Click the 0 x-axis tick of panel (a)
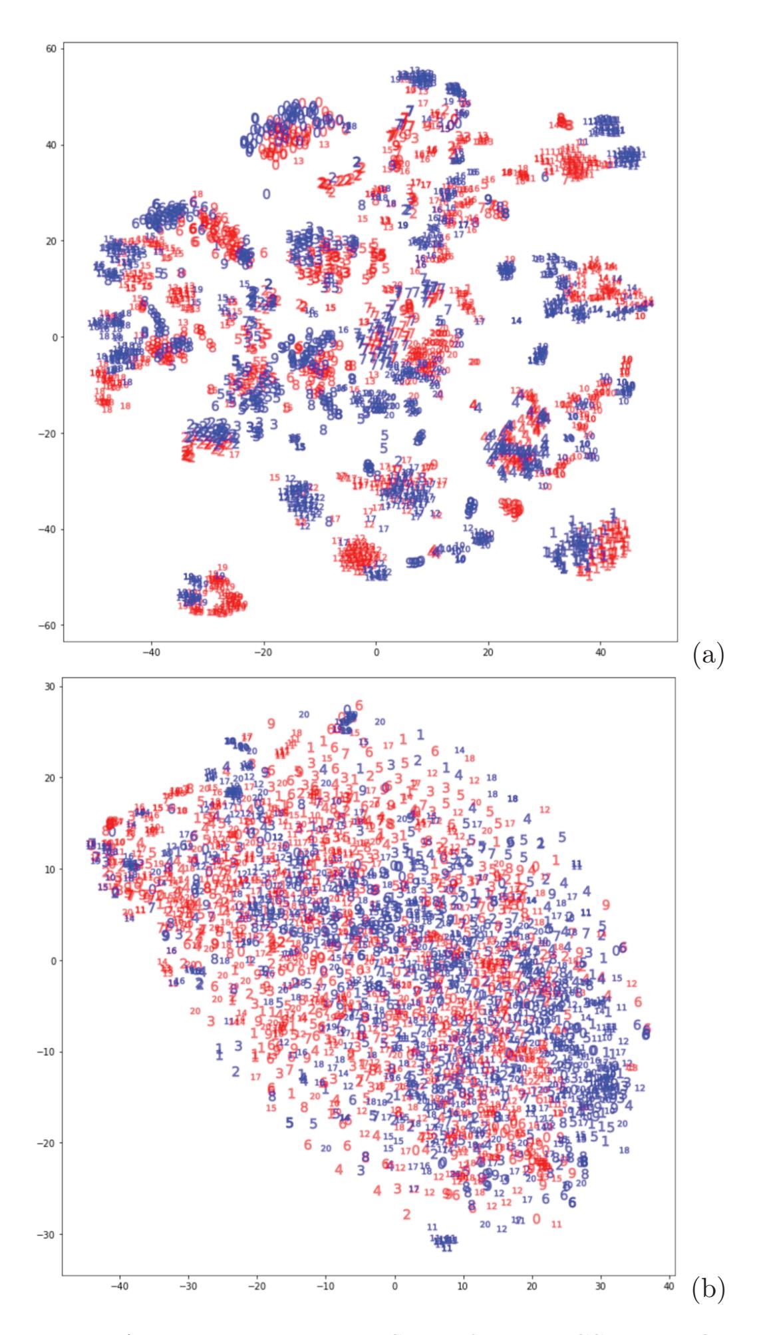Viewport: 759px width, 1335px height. (x=376, y=653)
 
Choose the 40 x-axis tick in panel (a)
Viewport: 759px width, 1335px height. (x=600, y=653)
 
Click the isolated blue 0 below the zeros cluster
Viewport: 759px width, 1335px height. (x=266, y=194)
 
